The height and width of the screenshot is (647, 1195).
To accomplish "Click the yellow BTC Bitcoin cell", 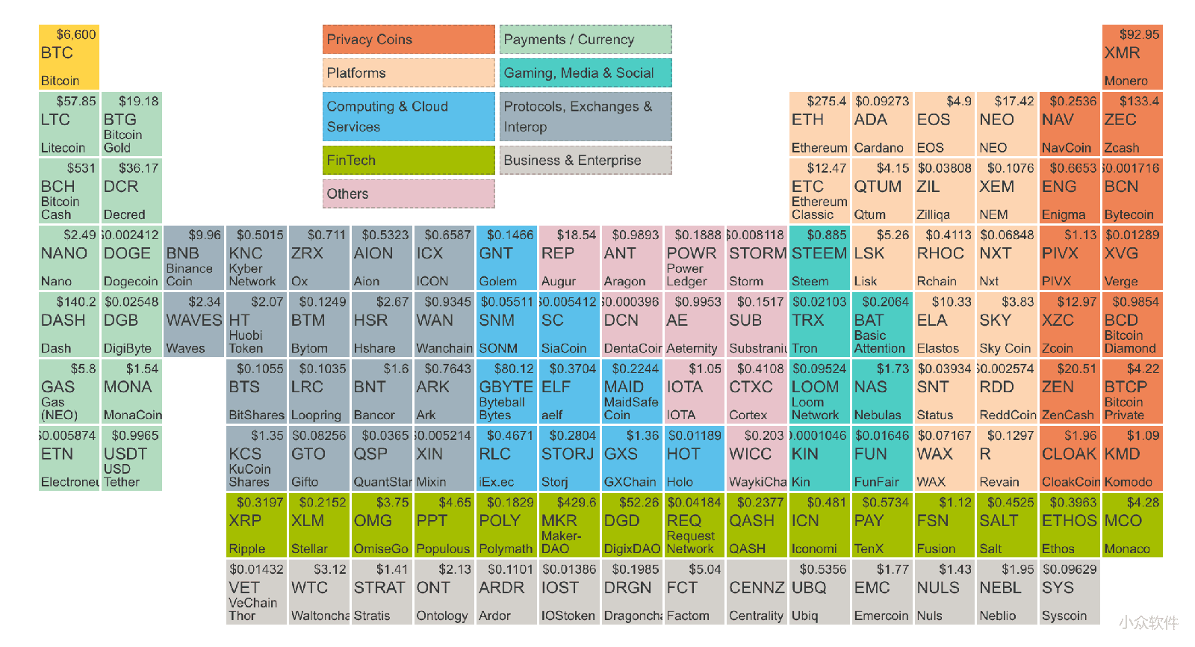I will pos(69,57).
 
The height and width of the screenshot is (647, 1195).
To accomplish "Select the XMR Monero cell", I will pos(1132,57).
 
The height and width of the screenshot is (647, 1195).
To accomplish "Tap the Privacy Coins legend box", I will pos(409,40).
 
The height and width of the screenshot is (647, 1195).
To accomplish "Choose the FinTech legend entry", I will pos(409,160).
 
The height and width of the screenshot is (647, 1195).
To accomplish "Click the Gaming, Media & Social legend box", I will pos(586,72).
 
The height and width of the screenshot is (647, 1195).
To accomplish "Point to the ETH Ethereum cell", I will pos(819,123).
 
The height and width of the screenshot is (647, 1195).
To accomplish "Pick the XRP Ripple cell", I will pos(257,524).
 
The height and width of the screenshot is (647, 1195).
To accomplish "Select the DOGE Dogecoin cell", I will pos(131,257).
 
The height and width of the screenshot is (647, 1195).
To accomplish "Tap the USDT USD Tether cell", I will pos(131,458).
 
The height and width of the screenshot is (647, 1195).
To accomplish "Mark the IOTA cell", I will pos(694,391).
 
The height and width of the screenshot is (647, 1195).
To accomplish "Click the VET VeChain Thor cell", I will pos(257,591).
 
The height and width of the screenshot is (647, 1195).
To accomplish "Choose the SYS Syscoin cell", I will pos(1070,591).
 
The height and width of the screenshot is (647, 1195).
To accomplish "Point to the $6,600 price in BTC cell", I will pos(76,34).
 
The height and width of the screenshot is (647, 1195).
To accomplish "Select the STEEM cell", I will pos(819,257).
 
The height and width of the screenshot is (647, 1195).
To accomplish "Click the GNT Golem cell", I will pos(506,257).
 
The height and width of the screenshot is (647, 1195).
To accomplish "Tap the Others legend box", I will pos(409,194).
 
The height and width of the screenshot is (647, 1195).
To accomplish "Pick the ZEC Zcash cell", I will pos(1132,123).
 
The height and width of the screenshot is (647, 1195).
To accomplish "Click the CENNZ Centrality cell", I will pos(757,591).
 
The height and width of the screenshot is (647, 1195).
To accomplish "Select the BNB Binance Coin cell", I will pos(193,257).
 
